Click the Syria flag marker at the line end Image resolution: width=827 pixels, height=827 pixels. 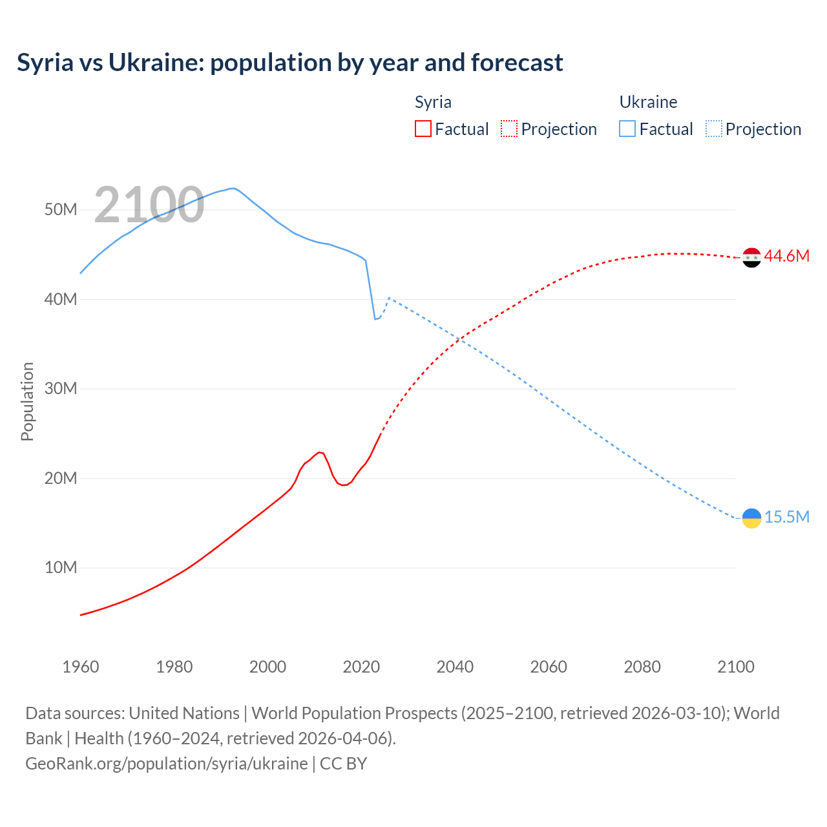tap(751, 257)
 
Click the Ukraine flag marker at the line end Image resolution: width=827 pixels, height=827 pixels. tap(751, 518)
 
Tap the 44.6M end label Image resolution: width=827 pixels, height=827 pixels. tap(786, 256)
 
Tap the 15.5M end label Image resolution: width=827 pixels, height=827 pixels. tap(786, 518)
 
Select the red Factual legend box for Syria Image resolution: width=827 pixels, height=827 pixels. tap(423, 129)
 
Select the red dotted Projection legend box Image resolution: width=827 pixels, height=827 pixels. tap(509, 129)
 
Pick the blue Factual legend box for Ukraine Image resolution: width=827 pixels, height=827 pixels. tap(627, 129)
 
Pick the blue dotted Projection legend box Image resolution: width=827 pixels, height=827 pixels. tap(713, 129)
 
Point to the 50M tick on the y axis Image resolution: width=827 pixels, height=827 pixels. tap(61, 210)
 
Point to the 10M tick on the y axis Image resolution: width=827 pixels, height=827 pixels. tap(61, 568)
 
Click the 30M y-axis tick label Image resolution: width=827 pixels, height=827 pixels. tap(61, 389)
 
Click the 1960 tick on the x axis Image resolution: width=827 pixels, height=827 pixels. tap(81, 667)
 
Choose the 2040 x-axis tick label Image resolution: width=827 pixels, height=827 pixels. tap(455, 667)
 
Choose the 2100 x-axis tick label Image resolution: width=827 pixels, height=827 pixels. tap(735, 667)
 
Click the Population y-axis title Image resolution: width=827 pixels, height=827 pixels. tap(27, 401)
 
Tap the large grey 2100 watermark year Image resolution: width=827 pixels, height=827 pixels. tap(149, 205)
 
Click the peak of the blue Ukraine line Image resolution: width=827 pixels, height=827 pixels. tap(233, 188)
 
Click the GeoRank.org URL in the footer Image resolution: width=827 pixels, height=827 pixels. tap(167, 764)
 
